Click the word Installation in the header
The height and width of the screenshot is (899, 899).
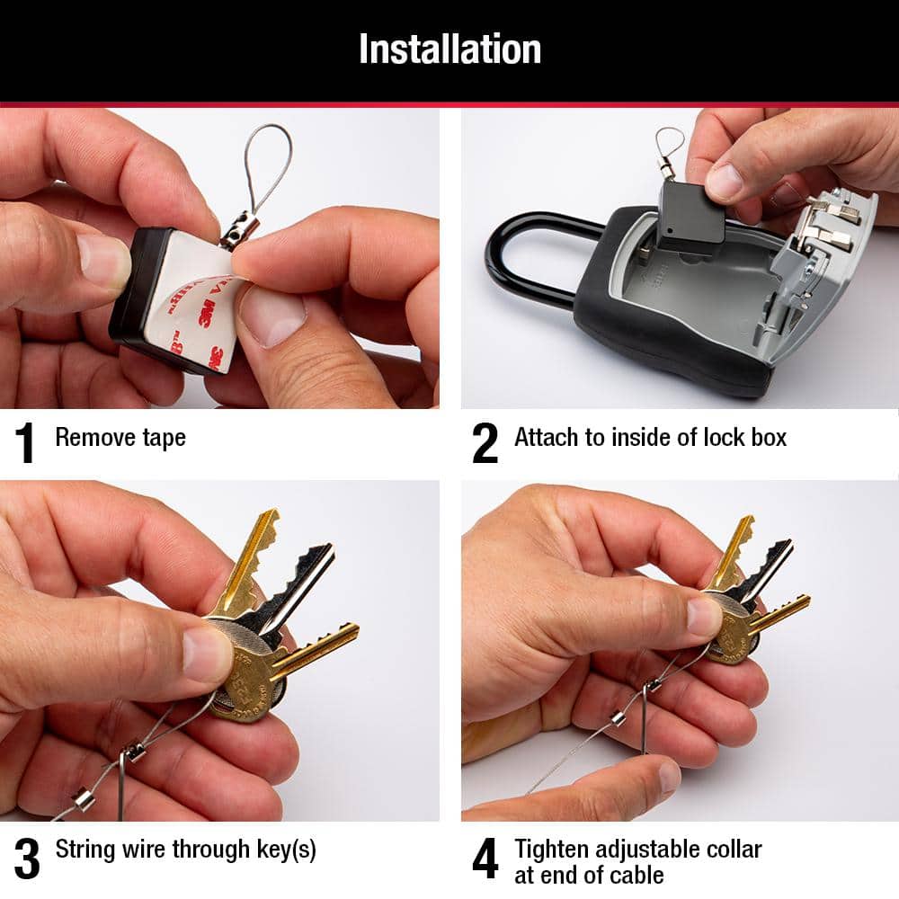coord(449,49)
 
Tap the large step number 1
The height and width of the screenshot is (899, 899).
coord(25,442)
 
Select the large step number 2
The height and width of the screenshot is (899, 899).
coord(485,442)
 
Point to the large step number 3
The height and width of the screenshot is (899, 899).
coord(27,859)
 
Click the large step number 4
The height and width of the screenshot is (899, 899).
coord(485,859)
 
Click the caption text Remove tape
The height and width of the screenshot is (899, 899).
coord(120,438)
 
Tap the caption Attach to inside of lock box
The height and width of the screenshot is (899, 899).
coord(650,438)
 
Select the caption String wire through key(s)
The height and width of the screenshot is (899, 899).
coord(185,850)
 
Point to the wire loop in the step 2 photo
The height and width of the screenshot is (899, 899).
coord(669,142)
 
